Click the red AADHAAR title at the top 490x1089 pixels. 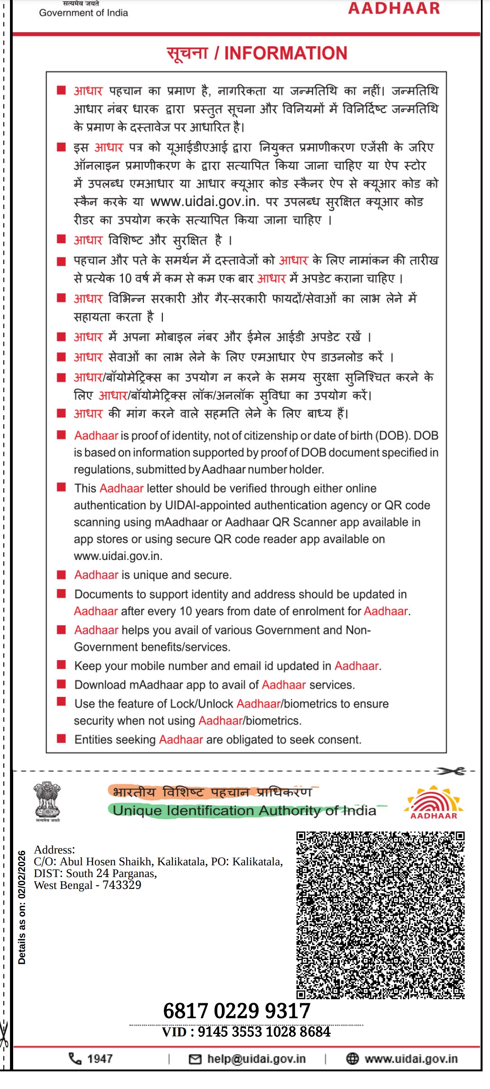click(x=394, y=8)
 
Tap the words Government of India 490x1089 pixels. click(x=83, y=13)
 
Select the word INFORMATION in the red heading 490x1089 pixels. click(x=286, y=53)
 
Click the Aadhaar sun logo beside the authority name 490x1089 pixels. click(x=434, y=802)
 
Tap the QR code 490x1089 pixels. click(x=380, y=915)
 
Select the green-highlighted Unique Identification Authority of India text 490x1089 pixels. click(x=245, y=810)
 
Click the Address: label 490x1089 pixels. click(x=54, y=850)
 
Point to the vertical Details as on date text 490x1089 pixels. click(x=22, y=907)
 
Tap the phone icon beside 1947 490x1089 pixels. click(x=75, y=1059)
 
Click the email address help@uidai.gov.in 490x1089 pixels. click(x=256, y=1059)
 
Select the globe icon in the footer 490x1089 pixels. click(x=353, y=1059)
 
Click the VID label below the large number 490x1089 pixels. click(x=174, y=1032)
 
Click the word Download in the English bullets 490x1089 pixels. click(x=100, y=685)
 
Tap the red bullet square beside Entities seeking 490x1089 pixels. click(x=62, y=739)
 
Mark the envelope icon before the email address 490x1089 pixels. click(x=195, y=1059)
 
